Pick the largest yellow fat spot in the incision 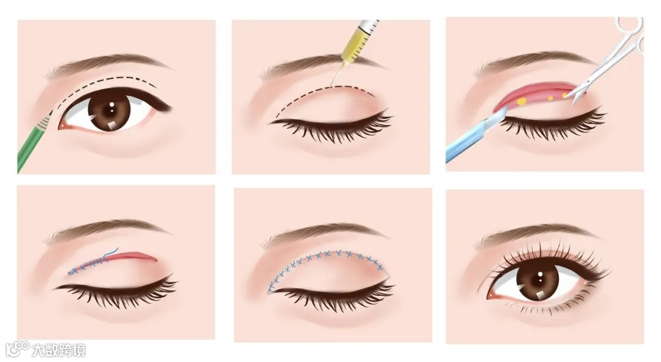click(521, 101)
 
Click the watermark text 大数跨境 click(59, 350)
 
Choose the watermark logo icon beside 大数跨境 click(18, 349)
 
